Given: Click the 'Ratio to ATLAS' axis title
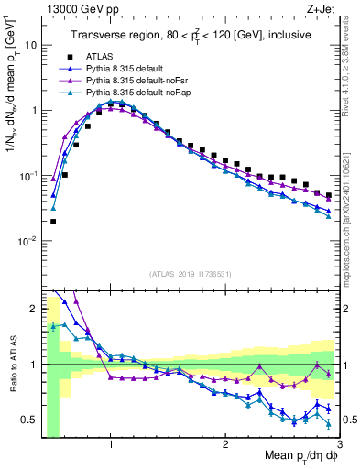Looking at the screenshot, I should [12, 365].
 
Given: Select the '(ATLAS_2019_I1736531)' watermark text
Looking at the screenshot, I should [190, 274].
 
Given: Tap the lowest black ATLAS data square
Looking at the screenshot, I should [53, 221].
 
